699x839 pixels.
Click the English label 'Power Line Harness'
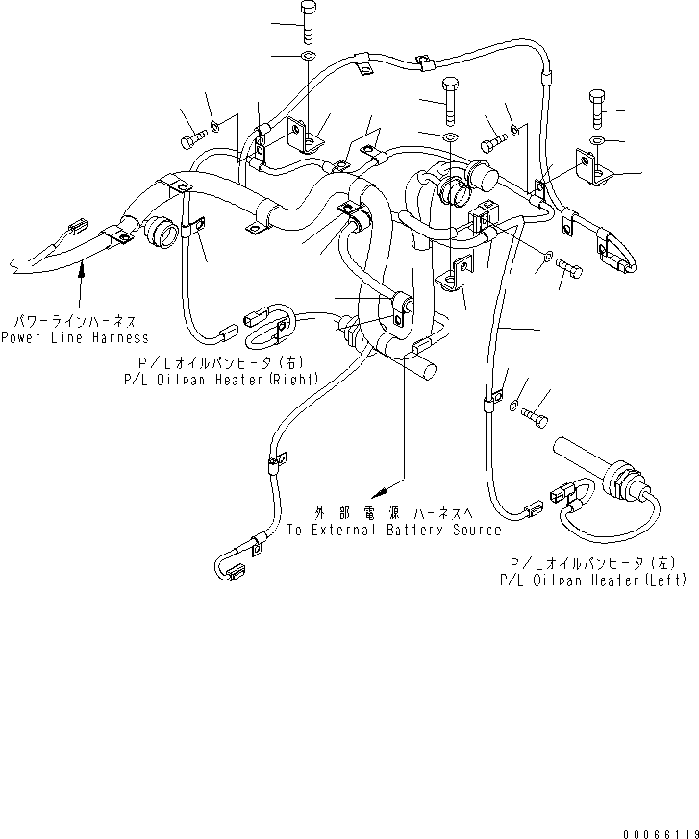point(75,337)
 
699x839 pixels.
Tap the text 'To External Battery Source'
point(394,531)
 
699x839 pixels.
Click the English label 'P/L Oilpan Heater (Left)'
point(593,580)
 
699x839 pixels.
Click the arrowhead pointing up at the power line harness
point(81,276)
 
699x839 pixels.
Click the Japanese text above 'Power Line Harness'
point(75,321)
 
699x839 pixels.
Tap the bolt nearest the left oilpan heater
point(536,412)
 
